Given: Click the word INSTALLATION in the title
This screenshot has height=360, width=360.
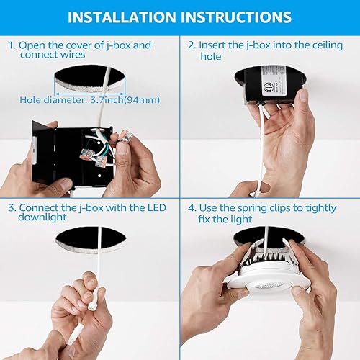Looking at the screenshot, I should [x=127, y=16].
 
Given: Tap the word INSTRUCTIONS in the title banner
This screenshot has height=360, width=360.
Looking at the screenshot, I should [x=235, y=16].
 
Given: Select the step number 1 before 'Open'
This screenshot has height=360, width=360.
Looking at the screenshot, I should [x=12, y=45].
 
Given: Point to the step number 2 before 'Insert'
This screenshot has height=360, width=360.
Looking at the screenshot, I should [x=192, y=45].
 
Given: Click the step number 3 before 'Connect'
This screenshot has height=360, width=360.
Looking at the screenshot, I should [x=12, y=208].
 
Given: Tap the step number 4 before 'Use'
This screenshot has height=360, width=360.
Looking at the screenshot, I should [x=192, y=208].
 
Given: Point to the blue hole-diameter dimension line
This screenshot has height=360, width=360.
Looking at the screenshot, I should [x=86, y=91].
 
